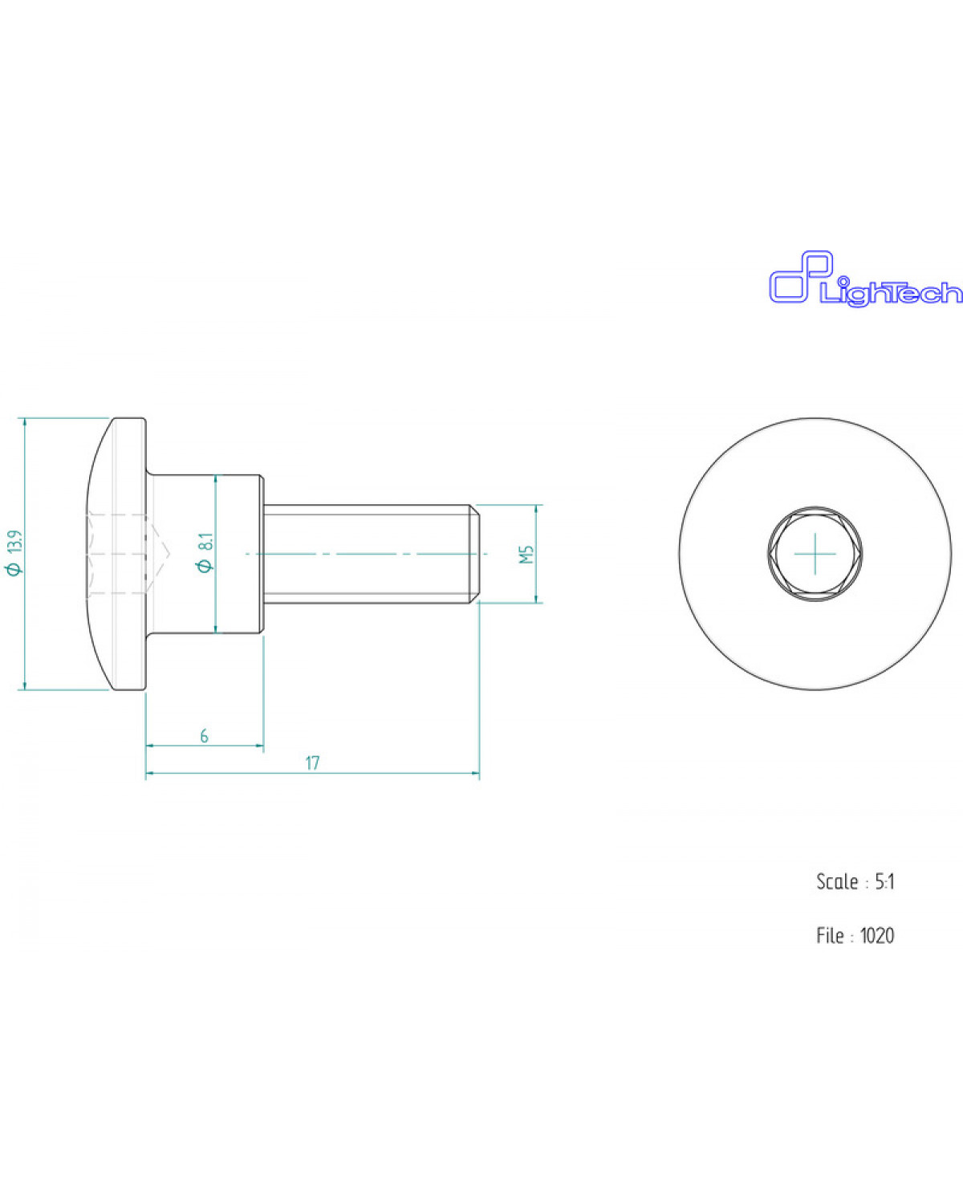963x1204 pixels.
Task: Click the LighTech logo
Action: click(x=865, y=279)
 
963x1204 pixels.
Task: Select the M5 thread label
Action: click(x=526, y=554)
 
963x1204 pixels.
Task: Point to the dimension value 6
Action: click(x=205, y=736)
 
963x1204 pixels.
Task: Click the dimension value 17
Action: click(x=312, y=763)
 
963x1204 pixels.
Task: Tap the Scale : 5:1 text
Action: click(x=855, y=882)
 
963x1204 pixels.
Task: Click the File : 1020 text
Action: click(x=855, y=935)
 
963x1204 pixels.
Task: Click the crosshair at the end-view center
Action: click(x=815, y=554)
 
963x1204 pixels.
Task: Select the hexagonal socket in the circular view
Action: click(x=815, y=554)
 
